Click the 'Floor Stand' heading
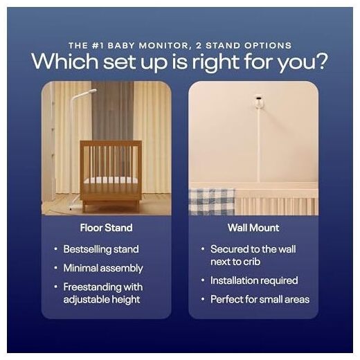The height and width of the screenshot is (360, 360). pyautogui.click(x=106, y=228)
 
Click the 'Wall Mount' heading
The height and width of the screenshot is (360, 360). pyautogui.click(x=253, y=228)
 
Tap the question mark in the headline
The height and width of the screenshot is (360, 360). pyautogui.click(x=322, y=61)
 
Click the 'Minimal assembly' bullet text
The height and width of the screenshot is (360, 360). pyautogui.click(x=103, y=268)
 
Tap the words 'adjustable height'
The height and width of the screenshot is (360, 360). pyautogui.click(x=102, y=300)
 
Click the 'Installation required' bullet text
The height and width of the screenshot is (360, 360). pyautogui.click(x=254, y=280)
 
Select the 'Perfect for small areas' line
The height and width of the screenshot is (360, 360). pyautogui.click(x=260, y=300)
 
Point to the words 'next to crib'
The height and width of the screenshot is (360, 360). pyautogui.click(x=235, y=262)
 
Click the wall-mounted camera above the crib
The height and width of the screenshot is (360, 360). pyautogui.click(x=258, y=102)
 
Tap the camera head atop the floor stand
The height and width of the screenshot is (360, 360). pyautogui.click(x=91, y=91)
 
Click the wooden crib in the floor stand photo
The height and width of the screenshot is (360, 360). pyautogui.click(x=111, y=175)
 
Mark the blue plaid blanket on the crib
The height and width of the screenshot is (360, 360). pyautogui.click(x=211, y=201)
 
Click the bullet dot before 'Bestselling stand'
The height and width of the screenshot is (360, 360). pyautogui.click(x=55, y=249)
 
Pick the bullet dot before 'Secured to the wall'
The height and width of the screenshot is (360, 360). pyautogui.click(x=203, y=249)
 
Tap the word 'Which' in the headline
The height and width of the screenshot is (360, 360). pyautogui.click(x=65, y=61)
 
